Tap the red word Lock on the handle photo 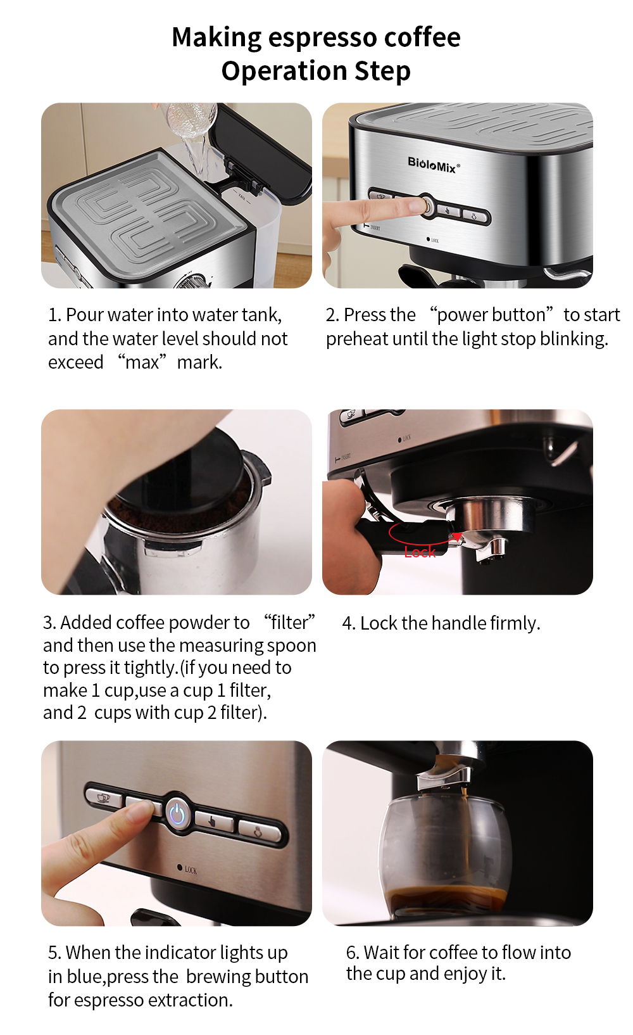pyautogui.click(x=420, y=552)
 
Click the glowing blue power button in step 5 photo pyautogui.click(x=177, y=815)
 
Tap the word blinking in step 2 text pyautogui.click(x=573, y=339)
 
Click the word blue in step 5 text pyautogui.click(x=85, y=977)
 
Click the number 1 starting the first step pyautogui.click(x=53, y=315)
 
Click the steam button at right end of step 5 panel pyautogui.click(x=260, y=831)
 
